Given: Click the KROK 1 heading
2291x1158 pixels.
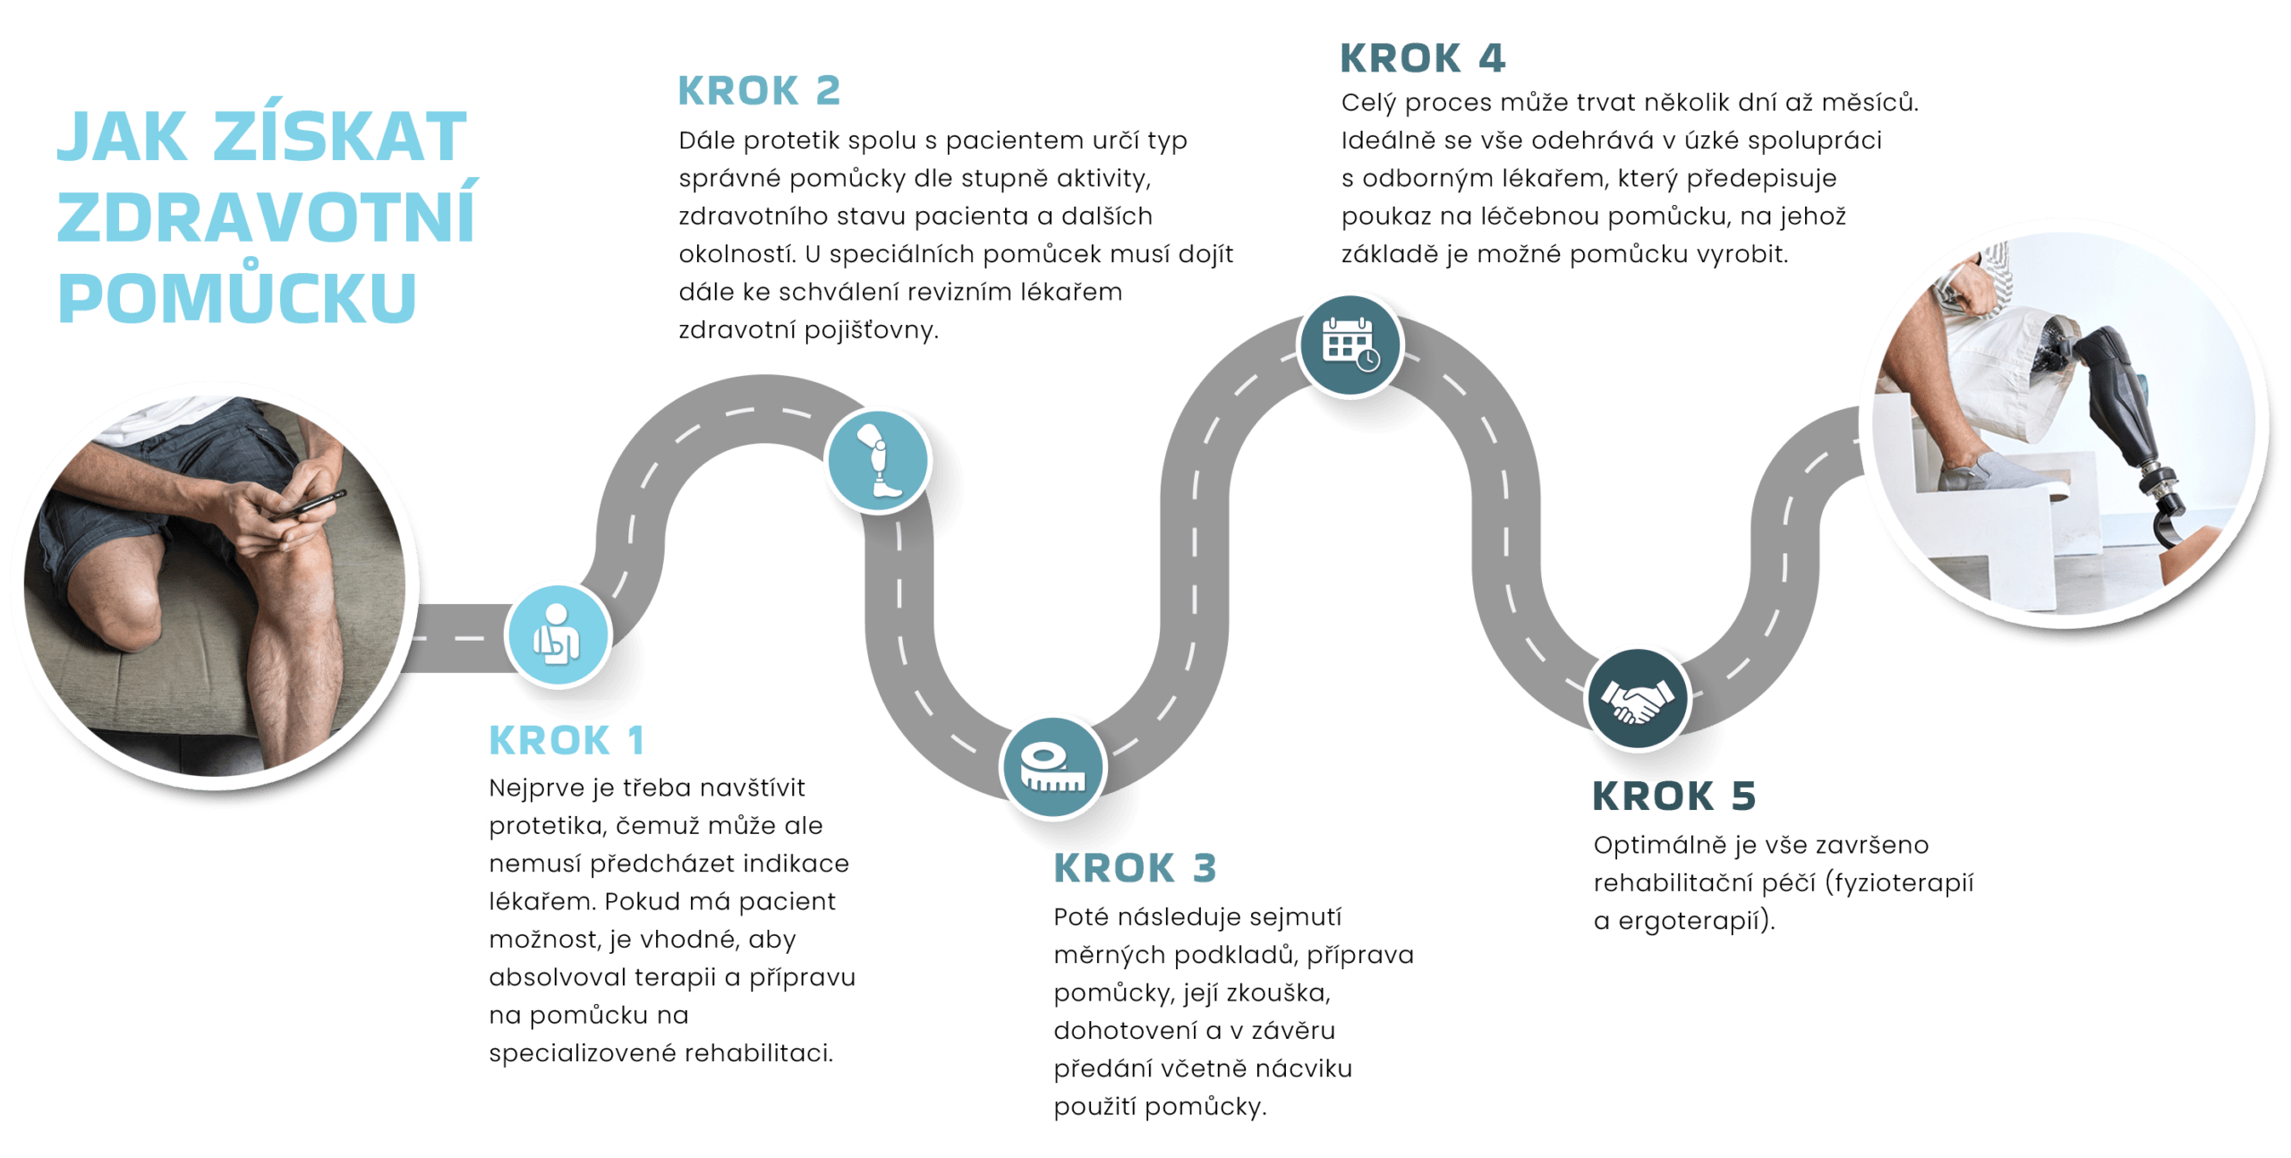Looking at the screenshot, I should click(x=566, y=741).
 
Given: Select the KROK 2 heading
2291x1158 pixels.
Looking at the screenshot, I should click(x=759, y=90).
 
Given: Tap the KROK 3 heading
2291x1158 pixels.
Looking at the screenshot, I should click(x=1135, y=869).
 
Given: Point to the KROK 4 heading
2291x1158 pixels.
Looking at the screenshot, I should click(x=1422, y=60).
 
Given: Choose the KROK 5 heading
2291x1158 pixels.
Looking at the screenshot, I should click(x=1674, y=796).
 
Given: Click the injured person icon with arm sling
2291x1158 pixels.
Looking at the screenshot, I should click(x=557, y=634).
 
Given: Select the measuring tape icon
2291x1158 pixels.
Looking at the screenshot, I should click(x=1052, y=767).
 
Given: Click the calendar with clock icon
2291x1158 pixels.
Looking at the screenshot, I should click(x=1350, y=345).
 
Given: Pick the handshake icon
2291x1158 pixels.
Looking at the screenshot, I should click(x=1637, y=699).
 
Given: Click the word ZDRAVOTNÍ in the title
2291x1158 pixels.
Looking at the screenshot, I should click(x=266, y=217).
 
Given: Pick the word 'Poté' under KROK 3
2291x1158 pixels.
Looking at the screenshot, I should click(x=1080, y=917).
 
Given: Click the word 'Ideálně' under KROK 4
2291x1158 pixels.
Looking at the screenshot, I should click(x=1387, y=141).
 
